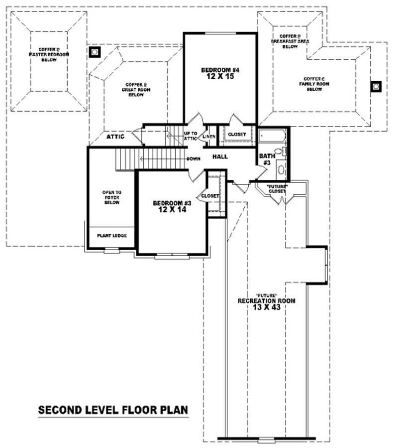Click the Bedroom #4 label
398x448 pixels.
(x=219, y=70)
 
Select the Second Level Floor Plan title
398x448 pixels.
(x=113, y=410)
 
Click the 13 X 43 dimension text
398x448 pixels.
(x=267, y=308)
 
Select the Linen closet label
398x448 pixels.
(x=209, y=137)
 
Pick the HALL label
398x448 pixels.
(x=220, y=156)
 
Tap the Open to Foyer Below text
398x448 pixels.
(x=111, y=197)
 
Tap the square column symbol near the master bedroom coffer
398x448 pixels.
(x=95, y=51)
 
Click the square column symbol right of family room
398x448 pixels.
(x=376, y=87)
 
